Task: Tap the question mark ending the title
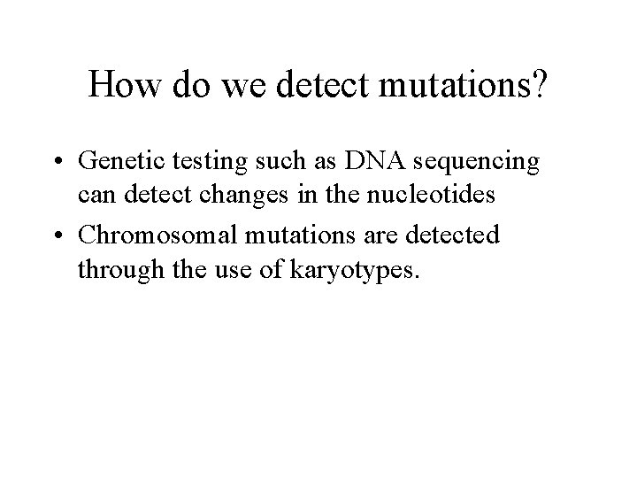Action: point(539,85)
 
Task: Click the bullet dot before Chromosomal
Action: point(58,235)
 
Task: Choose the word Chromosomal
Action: point(156,235)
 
